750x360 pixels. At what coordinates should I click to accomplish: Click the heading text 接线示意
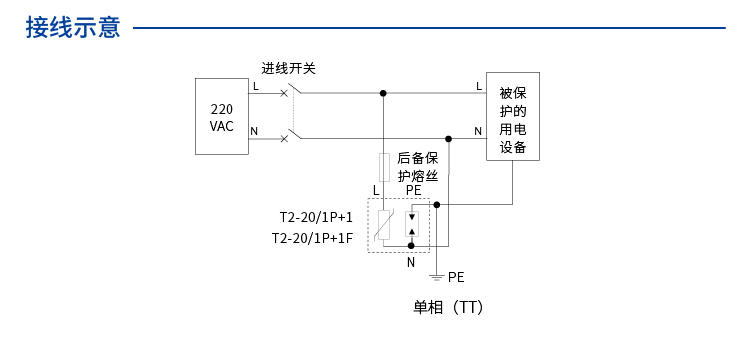(x=73, y=28)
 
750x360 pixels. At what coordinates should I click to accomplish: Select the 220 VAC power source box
(x=221, y=118)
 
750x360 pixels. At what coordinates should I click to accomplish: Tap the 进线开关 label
(x=289, y=68)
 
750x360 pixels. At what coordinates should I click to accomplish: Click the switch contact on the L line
(x=291, y=92)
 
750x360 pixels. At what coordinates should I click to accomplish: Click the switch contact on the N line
(x=291, y=135)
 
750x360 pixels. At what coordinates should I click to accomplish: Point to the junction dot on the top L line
(x=382, y=93)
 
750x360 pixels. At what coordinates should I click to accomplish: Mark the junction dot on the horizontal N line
(x=448, y=139)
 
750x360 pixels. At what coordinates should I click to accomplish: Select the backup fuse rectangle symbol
(x=382, y=166)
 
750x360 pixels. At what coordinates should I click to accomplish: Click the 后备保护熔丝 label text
(x=418, y=166)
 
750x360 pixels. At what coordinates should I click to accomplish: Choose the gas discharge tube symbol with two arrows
(x=411, y=224)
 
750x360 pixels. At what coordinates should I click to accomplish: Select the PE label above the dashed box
(x=413, y=189)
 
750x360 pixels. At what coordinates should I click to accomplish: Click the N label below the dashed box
(x=410, y=262)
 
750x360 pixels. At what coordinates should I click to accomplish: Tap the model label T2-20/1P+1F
(x=312, y=238)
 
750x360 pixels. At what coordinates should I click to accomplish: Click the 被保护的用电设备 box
(x=512, y=116)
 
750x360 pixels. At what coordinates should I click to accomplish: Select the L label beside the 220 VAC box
(x=255, y=87)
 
